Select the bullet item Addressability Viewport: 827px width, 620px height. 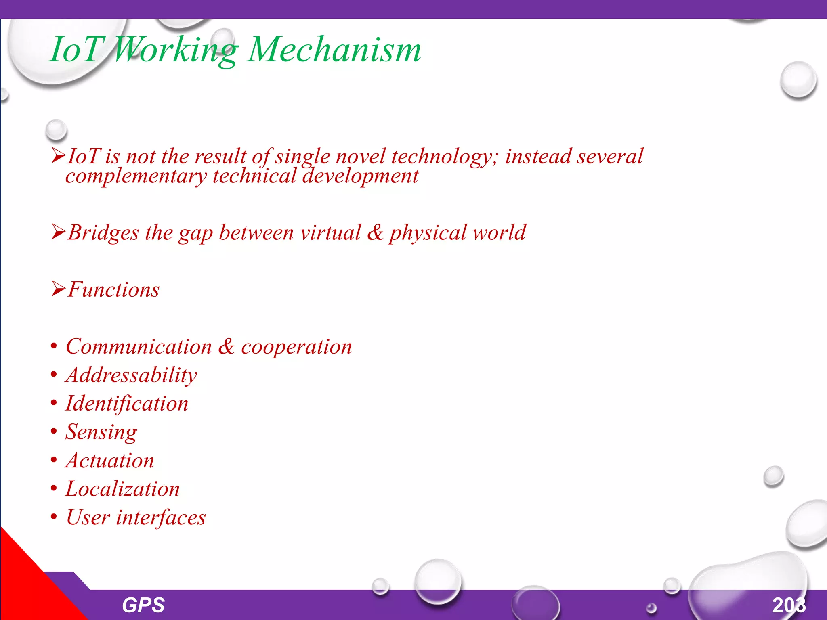(131, 375)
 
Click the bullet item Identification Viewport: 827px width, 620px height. (127, 404)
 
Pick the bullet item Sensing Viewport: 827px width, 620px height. (101, 432)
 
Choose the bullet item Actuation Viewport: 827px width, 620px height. (110, 461)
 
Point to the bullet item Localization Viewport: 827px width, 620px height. (123, 489)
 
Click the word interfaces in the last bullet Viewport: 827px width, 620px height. (161, 517)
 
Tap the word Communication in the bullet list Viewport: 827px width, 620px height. (139, 347)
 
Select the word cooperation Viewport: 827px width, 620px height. (296, 347)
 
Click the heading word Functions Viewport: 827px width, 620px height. (113, 290)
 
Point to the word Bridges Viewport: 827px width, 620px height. (103, 233)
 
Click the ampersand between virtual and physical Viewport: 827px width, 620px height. (375, 233)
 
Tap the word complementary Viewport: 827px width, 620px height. (136, 176)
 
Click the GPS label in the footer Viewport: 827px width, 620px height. (143, 605)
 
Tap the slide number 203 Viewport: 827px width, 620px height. (789, 605)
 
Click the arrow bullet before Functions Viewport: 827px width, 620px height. (58, 289)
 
